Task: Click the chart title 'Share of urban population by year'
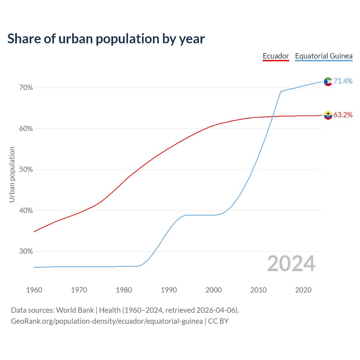(106, 39)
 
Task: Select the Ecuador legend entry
(276, 56)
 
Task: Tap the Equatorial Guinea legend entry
(324, 56)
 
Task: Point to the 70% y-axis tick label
(26, 88)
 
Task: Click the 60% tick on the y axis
(26, 129)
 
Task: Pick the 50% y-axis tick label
(26, 170)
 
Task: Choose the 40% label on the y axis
(26, 211)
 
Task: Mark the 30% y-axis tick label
(26, 251)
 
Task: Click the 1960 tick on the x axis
(34, 290)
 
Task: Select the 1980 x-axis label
(124, 290)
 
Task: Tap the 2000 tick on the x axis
(213, 290)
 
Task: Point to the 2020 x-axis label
(303, 290)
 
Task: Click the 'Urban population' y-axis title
(12, 174)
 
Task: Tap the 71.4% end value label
(343, 81)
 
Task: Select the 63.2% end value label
(343, 115)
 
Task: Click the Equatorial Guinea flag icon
(328, 82)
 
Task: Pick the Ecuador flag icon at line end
(328, 115)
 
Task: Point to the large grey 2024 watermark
(291, 264)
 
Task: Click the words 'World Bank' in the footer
(75, 310)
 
